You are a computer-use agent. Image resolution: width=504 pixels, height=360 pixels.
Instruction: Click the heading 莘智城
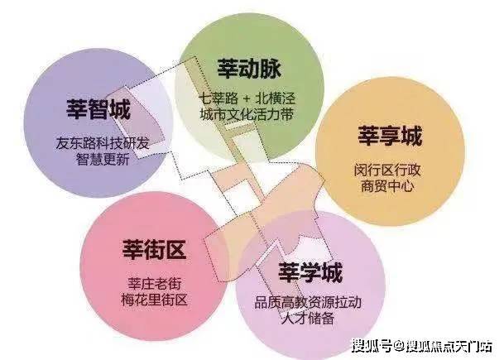[x=98, y=109]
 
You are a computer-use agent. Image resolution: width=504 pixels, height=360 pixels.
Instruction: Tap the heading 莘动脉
[x=249, y=68]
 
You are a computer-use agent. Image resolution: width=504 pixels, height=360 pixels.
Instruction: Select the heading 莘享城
[x=390, y=136]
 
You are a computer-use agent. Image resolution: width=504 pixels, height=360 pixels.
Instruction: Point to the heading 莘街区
[x=154, y=249]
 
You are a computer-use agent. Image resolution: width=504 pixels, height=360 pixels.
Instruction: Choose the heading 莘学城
[x=310, y=272]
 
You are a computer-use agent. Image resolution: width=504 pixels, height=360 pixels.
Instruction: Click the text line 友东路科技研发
[x=103, y=143]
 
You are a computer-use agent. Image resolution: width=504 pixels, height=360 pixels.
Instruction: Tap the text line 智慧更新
[x=103, y=159]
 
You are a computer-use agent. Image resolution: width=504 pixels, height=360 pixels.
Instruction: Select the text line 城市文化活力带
[x=247, y=114]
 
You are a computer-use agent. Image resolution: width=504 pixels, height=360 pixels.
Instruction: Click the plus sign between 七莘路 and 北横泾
[x=247, y=98]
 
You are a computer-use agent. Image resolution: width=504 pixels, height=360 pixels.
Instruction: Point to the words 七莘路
[x=218, y=98]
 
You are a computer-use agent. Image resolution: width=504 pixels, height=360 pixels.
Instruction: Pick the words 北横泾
[x=275, y=98]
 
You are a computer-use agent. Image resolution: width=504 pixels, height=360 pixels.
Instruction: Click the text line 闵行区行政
[x=387, y=170]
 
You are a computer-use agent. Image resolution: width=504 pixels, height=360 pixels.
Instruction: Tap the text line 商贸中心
[x=387, y=186]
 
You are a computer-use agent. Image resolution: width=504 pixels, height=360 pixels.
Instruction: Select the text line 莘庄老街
[x=155, y=284]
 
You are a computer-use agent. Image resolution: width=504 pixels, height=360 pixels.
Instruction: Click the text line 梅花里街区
[x=154, y=300]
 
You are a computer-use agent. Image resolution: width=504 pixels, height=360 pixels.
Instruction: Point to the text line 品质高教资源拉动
[x=308, y=302]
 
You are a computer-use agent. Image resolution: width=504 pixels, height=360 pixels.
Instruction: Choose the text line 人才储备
[x=308, y=319]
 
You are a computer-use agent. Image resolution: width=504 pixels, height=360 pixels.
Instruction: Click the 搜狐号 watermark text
[x=372, y=346]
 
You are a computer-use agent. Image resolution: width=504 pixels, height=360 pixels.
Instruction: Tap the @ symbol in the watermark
[x=399, y=347]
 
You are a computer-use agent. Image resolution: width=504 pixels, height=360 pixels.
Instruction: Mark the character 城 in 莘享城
[x=411, y=136]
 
